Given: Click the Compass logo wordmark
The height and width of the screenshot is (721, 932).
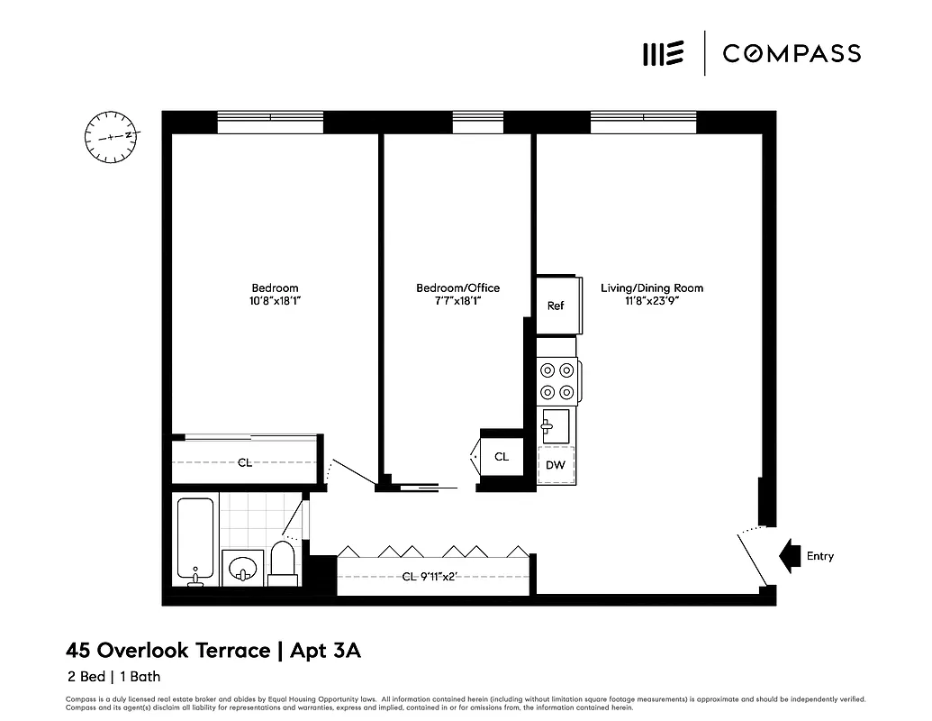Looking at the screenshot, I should coord(791,53).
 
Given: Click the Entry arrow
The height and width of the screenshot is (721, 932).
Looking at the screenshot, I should coord(790,556).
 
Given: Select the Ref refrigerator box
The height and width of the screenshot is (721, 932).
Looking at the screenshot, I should coord(556,306).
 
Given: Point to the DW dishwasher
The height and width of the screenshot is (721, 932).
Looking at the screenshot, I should coord(556,465).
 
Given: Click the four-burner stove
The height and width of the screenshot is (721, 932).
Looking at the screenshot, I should coord(556,380).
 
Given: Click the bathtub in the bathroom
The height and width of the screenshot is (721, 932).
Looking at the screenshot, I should coord(195,542).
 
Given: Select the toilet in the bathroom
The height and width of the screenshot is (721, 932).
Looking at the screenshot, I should coord(283,563).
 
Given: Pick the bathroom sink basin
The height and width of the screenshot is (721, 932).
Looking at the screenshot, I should coord(242,569).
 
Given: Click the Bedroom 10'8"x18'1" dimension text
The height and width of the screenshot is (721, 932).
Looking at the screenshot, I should coord(276,302).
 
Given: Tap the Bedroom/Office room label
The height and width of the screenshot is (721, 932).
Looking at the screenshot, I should coord(457,288).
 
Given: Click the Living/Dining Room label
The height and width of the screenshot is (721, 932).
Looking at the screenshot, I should coord(652,288).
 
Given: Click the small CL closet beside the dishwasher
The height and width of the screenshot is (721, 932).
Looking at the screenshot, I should coord(502,457).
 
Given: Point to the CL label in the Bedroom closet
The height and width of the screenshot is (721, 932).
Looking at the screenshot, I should coord(244,462).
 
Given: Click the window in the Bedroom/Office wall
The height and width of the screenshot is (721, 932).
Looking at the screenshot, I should coord(477,123).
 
